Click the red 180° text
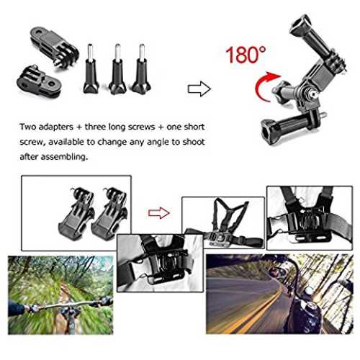(246, 55)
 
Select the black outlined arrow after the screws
(199, 89)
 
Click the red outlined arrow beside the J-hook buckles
(159, 213)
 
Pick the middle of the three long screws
(117, 69)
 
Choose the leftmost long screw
(91, 69)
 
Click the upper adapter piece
(55, 47)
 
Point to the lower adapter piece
(38, 82)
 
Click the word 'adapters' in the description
(56, 127)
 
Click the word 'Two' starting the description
(27, 127)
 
